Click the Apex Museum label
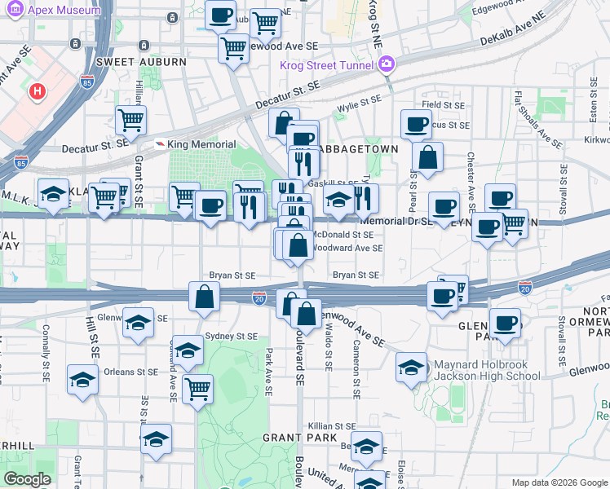[x=64, y=10]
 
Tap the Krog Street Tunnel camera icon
[x=387, y=64]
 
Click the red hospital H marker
[x=36, y=91]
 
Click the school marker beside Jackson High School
[x=410, y=368]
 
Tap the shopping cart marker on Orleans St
[x=197, y=388]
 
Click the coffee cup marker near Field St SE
[x=416, y=124]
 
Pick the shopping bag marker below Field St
[x=427, y=156]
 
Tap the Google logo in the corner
[x=27, y=479]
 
